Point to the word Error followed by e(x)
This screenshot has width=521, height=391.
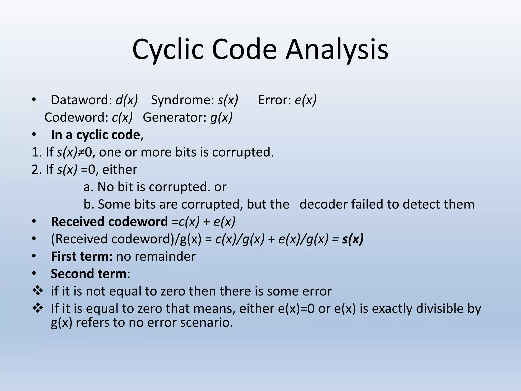coord(274,100)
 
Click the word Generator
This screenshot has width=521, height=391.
coord(175,117)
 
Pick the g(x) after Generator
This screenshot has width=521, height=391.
coord(221,117)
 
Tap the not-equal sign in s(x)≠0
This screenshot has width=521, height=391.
coord(81,152)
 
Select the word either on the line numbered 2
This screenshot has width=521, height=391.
coord(120,170)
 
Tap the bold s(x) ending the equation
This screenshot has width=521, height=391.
coord(353,239)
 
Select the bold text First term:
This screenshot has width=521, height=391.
coord(82,256)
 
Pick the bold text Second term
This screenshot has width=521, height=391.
coord(89,274)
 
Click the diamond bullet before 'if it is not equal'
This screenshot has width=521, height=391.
coord(38,291)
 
